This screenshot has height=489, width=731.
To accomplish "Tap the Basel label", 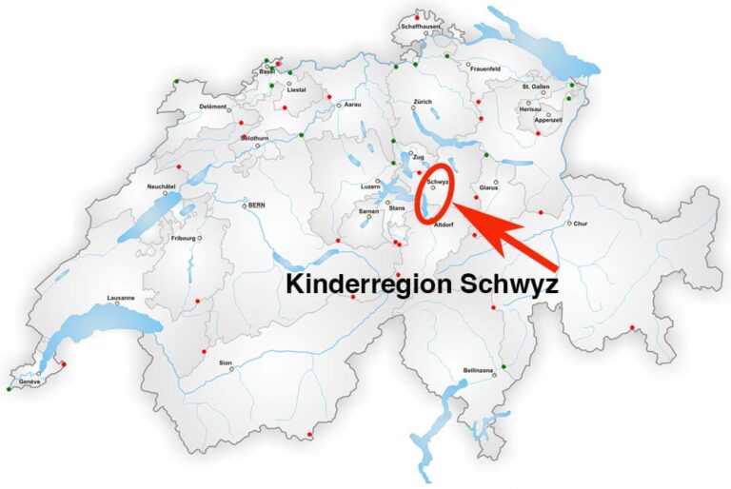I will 267,71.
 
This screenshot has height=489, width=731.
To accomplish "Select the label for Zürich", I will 423,102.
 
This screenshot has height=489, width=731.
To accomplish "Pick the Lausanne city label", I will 121,298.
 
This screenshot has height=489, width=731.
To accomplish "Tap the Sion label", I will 226,362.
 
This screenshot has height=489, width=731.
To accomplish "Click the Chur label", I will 581,225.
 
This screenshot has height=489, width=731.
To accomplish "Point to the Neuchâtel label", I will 164,186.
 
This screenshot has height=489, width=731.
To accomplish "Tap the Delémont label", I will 213,107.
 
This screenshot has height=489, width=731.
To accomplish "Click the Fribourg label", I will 182,238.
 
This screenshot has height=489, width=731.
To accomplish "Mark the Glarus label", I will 490,187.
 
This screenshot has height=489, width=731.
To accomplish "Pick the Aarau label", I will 352,104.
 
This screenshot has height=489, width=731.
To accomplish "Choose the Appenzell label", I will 549,120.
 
